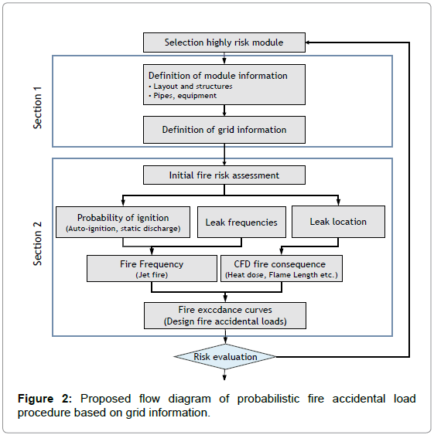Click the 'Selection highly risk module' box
click(x=224, y=42)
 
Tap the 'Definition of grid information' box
click(x=224, y=130)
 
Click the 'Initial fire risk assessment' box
click(x=224, y=175)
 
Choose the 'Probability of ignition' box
click(x=123, y=221)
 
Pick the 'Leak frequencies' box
click(x=241, y=222)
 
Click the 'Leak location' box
click(x=337, y=221)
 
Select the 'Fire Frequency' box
click(x=151, y=268)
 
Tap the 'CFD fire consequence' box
click(x=281, y=268)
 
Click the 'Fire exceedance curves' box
click(x=224, y=314)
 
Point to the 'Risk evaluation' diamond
click(x=224, y=356)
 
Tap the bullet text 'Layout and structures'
click(x=190, y=87)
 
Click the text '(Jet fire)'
click(x=151, y=274)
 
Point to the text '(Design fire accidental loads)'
click(x=224, y=321)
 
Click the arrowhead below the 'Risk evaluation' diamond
click(x=224, y=378)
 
